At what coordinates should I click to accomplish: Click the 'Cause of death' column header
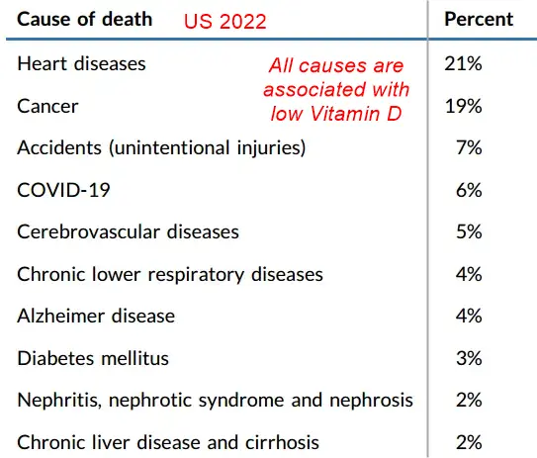point(85,19)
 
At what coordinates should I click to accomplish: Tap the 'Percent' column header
point(479,19)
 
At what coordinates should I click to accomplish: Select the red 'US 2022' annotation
point(225,22)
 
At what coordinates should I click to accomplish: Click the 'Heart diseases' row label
point(81,63)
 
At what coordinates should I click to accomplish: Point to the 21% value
point(463,63)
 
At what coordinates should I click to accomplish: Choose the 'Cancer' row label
point(47,106)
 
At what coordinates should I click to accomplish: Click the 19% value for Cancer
point(464,106)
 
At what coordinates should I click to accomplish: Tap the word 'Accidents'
point(59,148)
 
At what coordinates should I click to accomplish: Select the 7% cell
point(469,148)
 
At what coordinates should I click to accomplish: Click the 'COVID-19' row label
point(63,190)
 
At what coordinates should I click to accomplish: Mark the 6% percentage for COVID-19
point(469,190)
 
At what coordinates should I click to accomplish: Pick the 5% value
point(469,231)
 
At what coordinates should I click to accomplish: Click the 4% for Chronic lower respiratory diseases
point(469,274)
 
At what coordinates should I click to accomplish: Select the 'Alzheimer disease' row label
point(96,316)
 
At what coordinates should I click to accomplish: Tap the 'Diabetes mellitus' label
point(93,358)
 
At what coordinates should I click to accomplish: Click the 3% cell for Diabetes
point(469,358)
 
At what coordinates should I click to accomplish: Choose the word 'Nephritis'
point(59,401)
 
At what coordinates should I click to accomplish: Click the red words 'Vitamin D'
point(355,114)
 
